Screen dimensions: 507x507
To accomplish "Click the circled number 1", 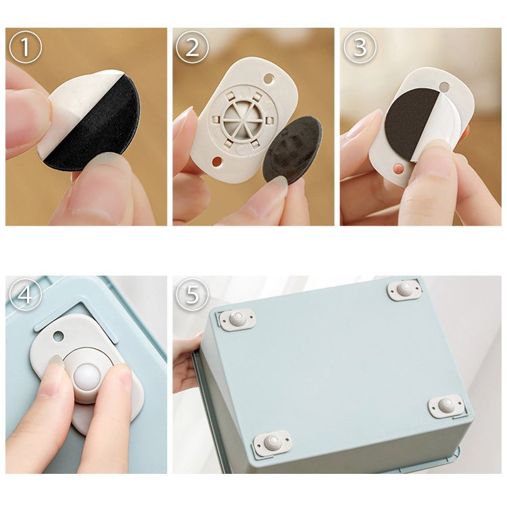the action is click(25, 47).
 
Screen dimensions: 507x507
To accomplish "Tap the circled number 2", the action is click(192, 47).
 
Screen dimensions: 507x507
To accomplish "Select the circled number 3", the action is click(360, 47).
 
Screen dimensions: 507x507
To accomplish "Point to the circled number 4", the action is click(25, 295).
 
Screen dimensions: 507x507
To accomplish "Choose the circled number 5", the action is click(192, 295).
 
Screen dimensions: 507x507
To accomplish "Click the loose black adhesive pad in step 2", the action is click(291, 150).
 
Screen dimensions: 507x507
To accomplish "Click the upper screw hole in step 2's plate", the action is click(268, 78).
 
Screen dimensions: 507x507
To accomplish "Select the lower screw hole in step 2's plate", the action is click(217, 161).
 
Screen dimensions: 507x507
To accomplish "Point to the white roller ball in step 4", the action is click(87, 377).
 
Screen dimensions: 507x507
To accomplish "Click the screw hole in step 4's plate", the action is click(58, 336).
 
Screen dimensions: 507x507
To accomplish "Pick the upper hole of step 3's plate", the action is click(444, 87).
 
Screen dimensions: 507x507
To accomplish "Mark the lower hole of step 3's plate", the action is click(398, 168).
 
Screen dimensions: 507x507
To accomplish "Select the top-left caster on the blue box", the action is click(237, 320).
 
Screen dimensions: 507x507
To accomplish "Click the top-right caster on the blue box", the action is click(404, 290).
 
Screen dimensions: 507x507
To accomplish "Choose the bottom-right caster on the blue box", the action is click(447, 406).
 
